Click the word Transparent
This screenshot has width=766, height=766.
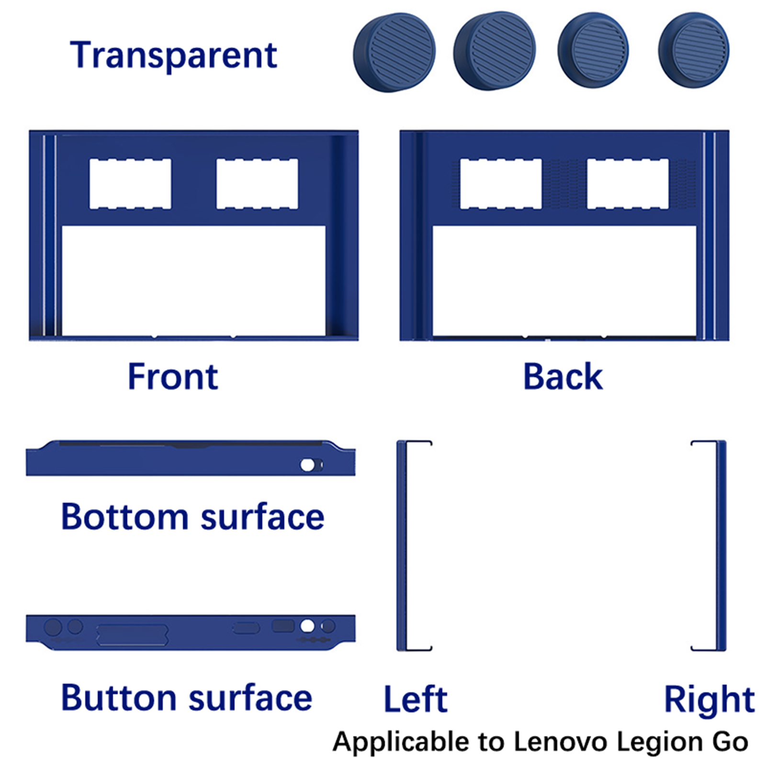(173, 56)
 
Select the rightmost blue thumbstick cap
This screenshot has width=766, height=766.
(694, 50)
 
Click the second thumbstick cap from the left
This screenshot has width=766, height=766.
(495, 51)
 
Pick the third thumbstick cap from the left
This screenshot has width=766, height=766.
(593, 50)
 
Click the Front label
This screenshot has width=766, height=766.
(173, 377)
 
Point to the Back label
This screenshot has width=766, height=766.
(563, 377)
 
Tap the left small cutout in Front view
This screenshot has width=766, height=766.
(130, 184)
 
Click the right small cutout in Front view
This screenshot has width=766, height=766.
(257, 184)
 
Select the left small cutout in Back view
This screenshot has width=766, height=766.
(501, 184)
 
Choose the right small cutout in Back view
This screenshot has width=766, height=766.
(628, 184)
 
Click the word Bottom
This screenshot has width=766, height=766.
(125, 517)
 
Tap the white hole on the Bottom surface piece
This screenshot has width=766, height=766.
(307, 465)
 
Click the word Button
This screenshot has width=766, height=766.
(119, 698)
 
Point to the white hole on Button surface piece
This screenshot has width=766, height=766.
(307, 626)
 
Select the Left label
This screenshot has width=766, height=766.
(416, 699)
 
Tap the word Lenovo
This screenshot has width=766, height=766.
(561, 742)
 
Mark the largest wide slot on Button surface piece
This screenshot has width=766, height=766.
(132, 635)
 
